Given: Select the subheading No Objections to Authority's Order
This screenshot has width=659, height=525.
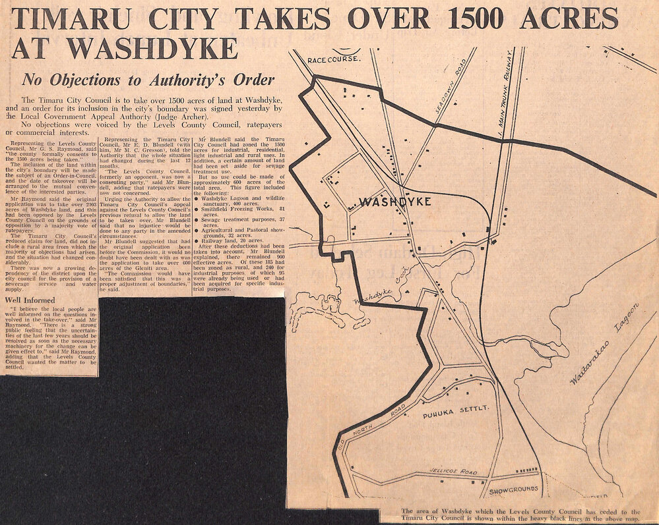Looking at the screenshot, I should click(x=148, y=80).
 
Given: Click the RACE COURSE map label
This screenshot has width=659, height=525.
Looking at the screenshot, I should click(x=334, y=60).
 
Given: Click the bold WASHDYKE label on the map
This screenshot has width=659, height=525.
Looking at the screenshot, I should click(x=396, y=202).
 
